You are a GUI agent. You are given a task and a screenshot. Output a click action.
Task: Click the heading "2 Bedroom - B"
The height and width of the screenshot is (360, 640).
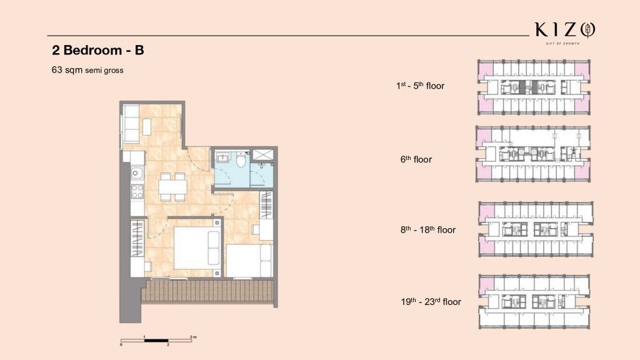[x=98, y=50]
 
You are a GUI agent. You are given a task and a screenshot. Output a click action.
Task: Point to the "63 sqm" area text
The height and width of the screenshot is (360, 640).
[x=67, y=70]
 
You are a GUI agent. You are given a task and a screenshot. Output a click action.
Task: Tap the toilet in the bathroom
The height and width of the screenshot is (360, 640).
[x=241, y=159]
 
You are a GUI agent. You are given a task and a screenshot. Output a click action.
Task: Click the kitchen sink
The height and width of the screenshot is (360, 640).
[x=137, y=174]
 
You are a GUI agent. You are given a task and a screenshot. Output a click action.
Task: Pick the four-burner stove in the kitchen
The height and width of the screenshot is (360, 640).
[x=137, y=191]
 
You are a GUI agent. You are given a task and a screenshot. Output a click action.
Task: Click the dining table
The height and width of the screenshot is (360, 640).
[x=172, y=187]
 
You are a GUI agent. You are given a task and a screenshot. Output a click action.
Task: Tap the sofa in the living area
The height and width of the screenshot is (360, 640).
[x=131, y=123]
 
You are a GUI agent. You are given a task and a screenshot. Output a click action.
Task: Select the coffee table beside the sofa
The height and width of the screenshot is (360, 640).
[x=147, y=126]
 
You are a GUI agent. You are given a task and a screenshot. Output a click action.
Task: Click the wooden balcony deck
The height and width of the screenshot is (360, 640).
[x=207, y=291]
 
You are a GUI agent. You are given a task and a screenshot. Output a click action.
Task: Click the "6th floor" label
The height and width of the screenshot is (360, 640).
[x=416, y=159]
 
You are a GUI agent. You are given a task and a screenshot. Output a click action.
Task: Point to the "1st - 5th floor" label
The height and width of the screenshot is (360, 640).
[x=420, y=86]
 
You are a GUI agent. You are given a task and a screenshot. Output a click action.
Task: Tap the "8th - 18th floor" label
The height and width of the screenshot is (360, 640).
[x=427, y=230]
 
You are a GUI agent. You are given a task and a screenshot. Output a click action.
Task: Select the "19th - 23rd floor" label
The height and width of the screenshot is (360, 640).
[x=431, y=302]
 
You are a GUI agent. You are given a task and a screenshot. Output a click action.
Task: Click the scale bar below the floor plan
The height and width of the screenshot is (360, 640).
[x=156, y=341]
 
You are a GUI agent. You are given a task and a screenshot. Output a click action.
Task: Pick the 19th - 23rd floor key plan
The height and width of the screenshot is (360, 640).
[x=534, y=302]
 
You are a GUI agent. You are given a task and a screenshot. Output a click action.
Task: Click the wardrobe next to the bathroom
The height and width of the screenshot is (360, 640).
[x=266, y=205]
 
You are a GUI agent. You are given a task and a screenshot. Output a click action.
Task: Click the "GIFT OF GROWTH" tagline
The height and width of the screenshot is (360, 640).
[x=562, y=43]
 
